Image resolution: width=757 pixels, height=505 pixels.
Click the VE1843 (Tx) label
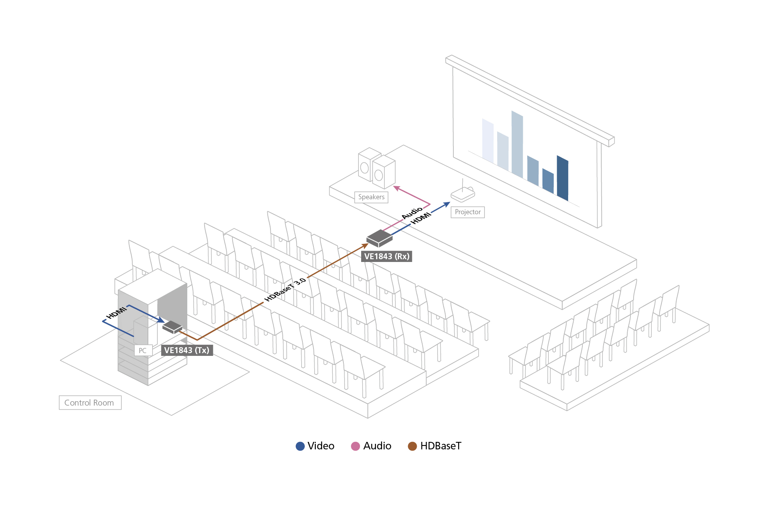tap(187, 350)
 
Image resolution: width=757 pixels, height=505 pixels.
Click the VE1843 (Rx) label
tap(386, 256)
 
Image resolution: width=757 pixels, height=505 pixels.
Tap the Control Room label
tap(90, 403)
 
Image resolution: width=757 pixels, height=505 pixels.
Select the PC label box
tap(143, 350)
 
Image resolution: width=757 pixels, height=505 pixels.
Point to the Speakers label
tap(371, 197)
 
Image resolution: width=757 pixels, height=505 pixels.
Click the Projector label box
tap(468, 212)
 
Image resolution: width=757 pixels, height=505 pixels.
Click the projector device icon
tap(463, 194)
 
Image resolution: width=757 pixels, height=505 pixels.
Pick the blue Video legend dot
tap(300, 446)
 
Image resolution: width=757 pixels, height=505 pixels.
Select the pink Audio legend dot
tap(355, 446)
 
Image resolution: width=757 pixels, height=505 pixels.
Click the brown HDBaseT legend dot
tap(412, 446)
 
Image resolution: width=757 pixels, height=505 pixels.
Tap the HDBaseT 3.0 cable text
tap(285, 290)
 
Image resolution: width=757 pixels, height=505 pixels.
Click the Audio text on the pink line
tap(412, 213)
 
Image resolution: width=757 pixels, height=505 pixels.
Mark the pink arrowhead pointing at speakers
tap(396, 188)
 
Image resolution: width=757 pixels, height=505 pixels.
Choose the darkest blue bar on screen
tap(563, 178)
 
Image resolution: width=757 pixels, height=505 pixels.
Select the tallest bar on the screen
tap(517, 144)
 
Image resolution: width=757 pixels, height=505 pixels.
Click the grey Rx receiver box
tap(379, 238)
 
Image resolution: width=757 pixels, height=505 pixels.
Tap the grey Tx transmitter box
tap(172, 327)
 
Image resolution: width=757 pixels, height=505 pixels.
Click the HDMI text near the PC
tap(117, 312)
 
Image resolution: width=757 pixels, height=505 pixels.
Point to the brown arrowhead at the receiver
tap(365, 246)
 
